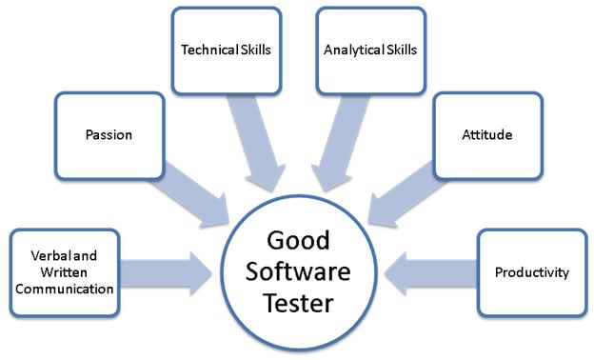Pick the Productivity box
point(531,272)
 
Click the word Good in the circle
point(299,239)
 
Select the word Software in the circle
point(299,271)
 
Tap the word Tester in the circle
point(299,304)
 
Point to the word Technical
point(205,49)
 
